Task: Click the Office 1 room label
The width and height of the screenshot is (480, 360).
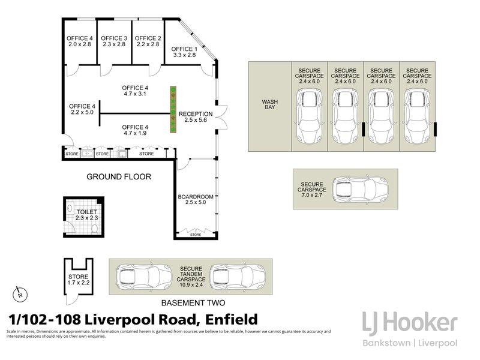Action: [x=184, y=49]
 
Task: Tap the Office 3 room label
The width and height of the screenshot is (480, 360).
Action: [x=114, y=38]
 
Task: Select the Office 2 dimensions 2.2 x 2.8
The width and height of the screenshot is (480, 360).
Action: [x=148, y=44]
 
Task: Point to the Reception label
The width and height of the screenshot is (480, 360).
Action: [x=196, y=114]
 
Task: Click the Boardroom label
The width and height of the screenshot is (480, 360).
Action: [x=196, y=197]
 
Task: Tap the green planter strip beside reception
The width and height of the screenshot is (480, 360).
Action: [x=173, y=110]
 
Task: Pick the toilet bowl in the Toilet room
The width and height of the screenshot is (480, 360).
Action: [x=95, y=229]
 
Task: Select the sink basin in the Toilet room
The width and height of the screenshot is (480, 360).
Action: [x=70, y=208]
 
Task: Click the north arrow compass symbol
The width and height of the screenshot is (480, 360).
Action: [x=20, y=294]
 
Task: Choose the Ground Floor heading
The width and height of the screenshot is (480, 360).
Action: [x=119, y=176]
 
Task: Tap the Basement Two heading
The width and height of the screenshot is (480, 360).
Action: [x=193, y=303]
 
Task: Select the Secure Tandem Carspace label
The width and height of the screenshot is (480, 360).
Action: [x=191, y=274]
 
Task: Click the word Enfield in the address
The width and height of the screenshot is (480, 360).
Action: [x=232, y=320]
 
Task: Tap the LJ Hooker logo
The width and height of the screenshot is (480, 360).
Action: [x=410, y=329]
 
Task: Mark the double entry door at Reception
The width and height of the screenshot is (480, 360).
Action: [x=221, y=116]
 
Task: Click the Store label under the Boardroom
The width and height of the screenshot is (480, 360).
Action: [x=196, y=235]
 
